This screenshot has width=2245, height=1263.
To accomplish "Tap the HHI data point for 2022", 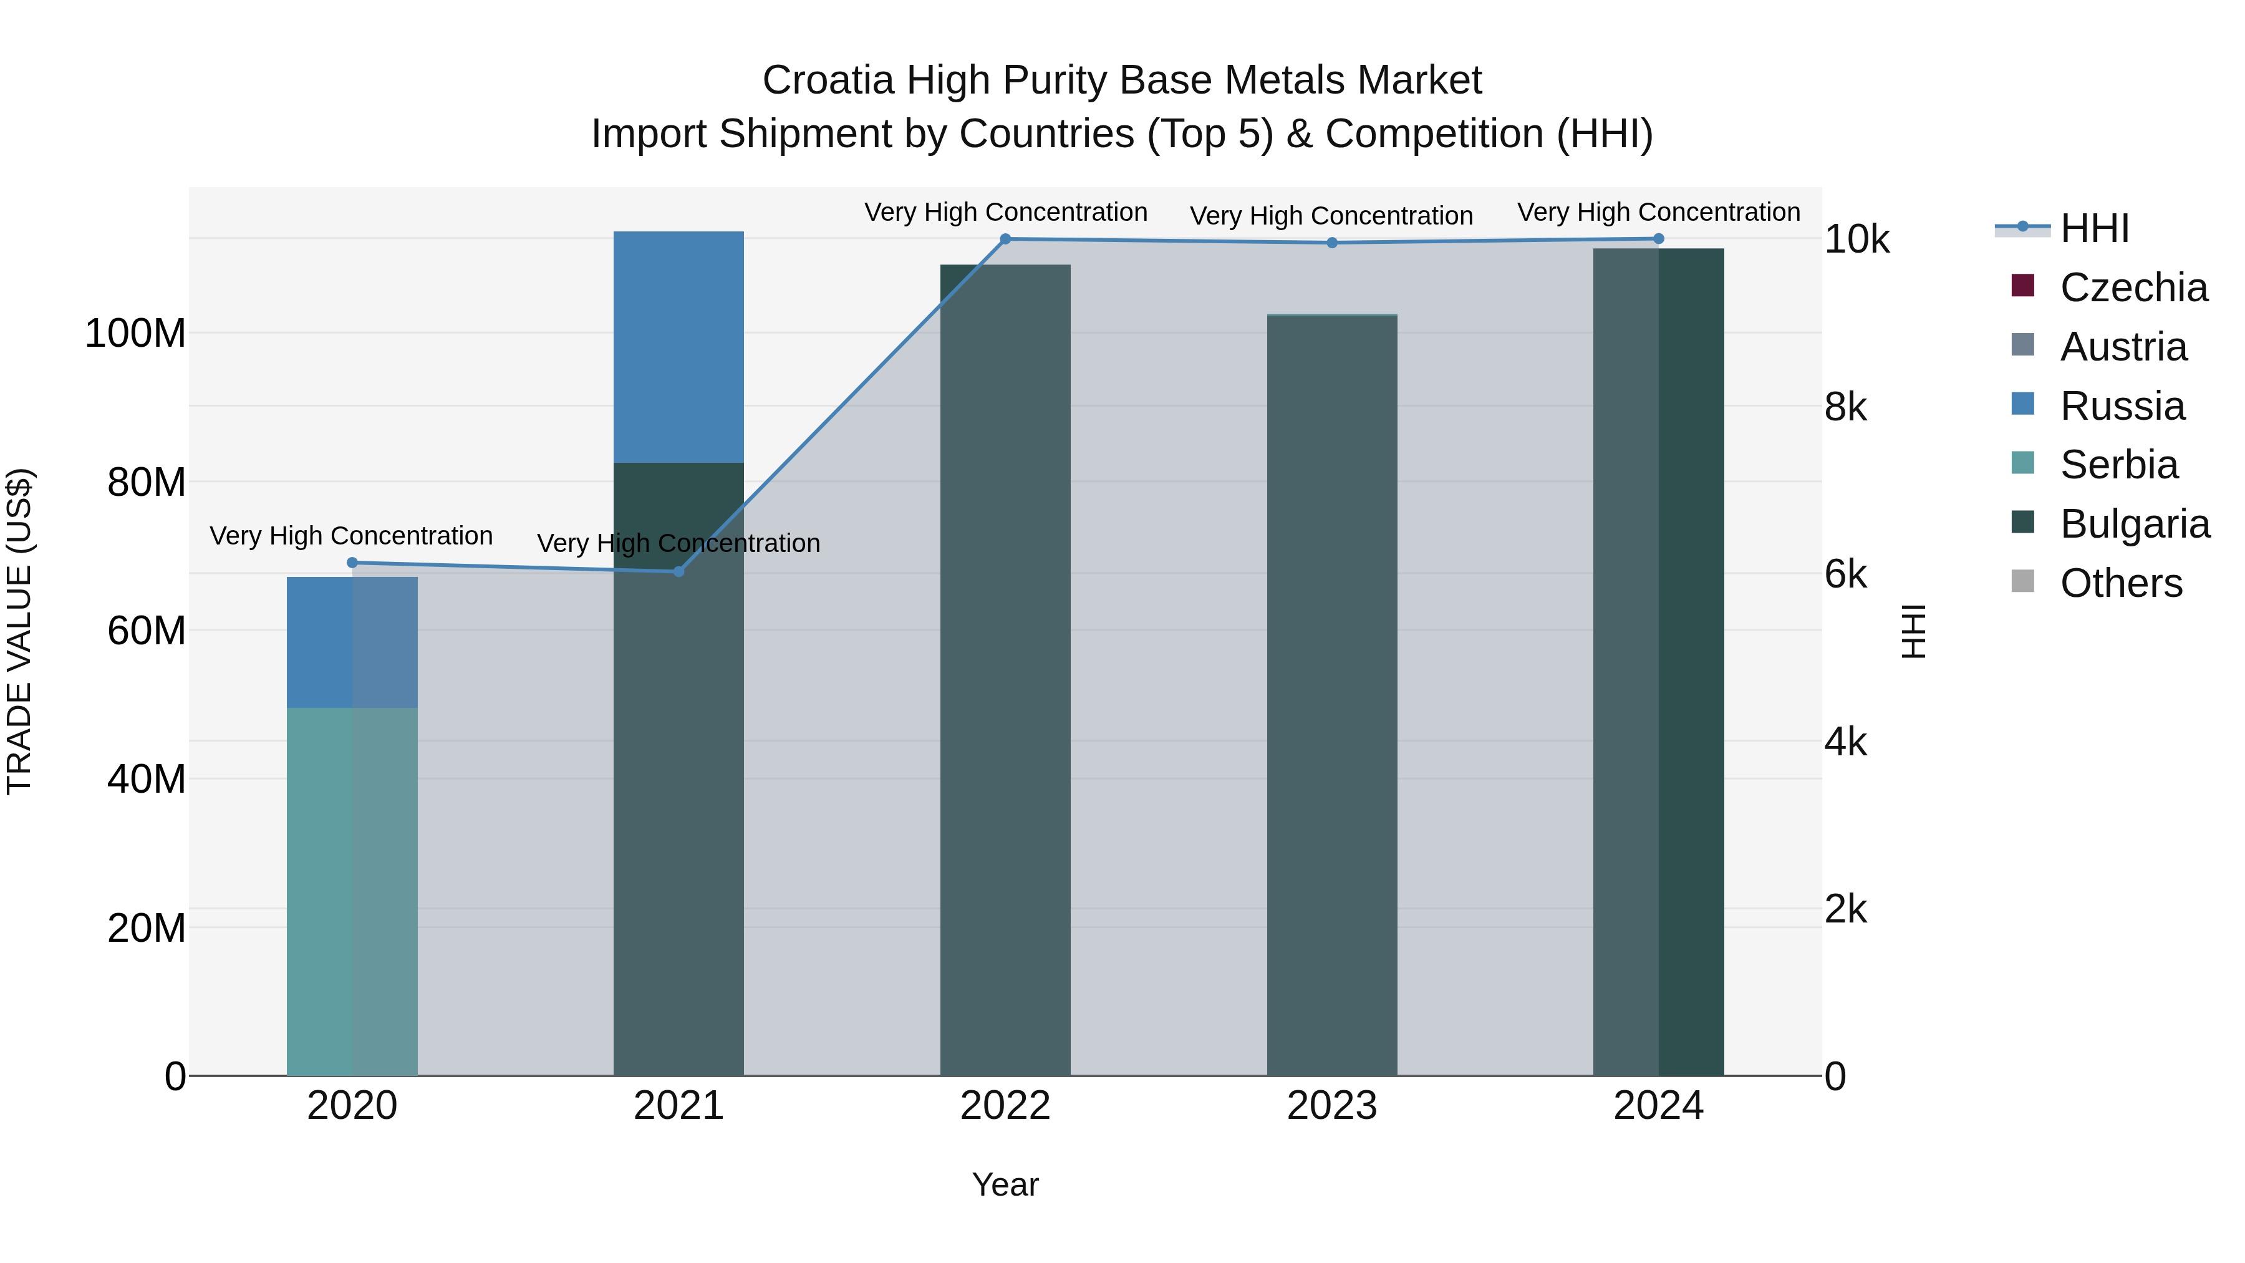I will pos(1005,239).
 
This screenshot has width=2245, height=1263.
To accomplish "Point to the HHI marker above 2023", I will pos(1331,243).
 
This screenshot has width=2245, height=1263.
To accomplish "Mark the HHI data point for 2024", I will pos(1658,239).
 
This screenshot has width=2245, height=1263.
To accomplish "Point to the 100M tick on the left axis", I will pos(135,334).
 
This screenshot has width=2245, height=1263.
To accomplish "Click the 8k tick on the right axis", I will pos(1846,408).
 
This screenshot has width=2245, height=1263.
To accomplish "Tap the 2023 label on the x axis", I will pos(1331,1106).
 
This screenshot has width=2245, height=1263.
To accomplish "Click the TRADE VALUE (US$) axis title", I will pos(19,631).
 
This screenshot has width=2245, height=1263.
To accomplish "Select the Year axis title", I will pos(1005,1184).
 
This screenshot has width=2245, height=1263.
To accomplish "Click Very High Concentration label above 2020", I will pos(351,535).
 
